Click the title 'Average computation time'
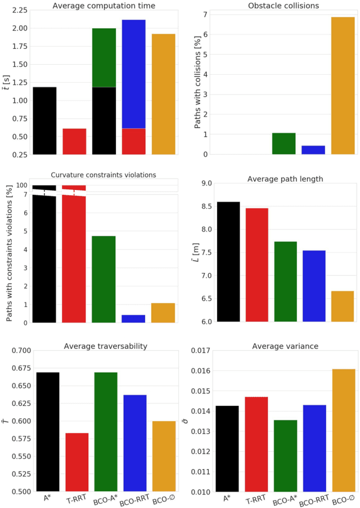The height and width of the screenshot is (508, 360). click(104, 6)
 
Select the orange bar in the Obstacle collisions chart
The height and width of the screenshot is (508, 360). click(343, 85)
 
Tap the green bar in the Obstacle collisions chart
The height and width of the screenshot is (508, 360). click(283, 144)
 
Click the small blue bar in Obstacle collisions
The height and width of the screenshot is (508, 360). click(313, 150)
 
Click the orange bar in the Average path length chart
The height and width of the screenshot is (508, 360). click(343, 306)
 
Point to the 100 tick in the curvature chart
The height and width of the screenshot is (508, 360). click(22, 185)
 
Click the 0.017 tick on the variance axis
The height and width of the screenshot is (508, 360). click(200, 351)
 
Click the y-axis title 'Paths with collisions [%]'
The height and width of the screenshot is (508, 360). click(199, 82)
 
